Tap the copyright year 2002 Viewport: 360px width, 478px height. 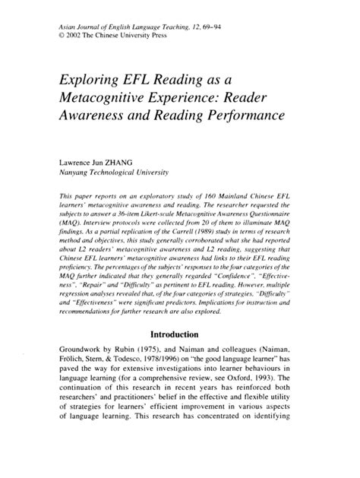77,36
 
